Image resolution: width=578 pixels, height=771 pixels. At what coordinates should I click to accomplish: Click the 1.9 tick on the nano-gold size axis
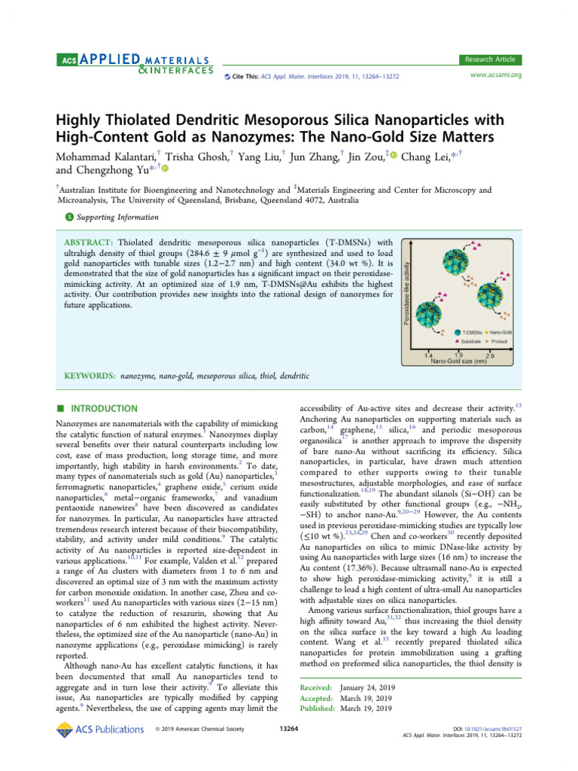click(458, 355)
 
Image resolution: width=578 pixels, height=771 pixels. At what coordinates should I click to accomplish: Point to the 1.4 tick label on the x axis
click(428, 355)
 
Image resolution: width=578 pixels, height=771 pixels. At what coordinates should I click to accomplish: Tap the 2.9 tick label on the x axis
click(490, 355)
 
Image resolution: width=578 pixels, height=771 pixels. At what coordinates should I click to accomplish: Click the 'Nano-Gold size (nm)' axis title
click(458, 361)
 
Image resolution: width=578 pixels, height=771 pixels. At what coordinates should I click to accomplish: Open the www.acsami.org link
click(495, 75)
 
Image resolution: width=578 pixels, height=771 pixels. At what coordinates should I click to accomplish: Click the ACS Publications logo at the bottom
click(100, 729)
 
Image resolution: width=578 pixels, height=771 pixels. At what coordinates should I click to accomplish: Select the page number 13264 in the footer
click(289, 729)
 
